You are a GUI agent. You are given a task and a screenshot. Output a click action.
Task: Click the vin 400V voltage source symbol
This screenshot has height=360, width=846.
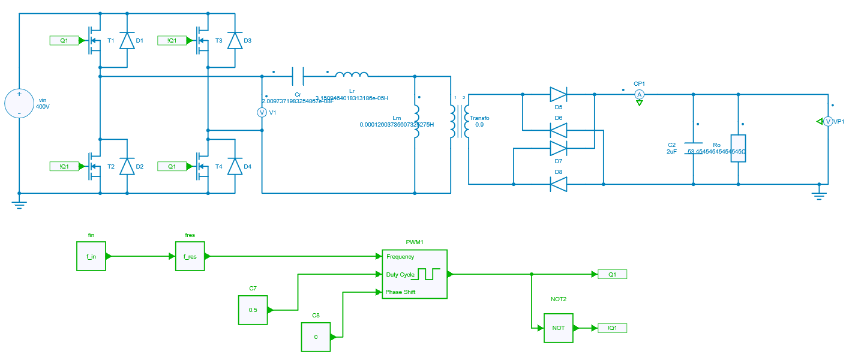[x=19, y=103]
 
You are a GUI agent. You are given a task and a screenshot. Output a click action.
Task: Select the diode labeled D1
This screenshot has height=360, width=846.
[x=127, y=41]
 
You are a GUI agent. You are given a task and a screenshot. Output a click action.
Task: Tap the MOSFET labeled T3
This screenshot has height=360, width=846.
[x=203, y=41]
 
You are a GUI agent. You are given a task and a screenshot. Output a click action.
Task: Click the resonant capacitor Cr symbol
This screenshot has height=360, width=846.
[x=298, y=76]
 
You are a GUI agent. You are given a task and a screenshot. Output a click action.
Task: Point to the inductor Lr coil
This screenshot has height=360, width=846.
[x=352, y=75]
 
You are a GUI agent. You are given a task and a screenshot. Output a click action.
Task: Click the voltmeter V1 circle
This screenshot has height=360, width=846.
[x=262, y=112]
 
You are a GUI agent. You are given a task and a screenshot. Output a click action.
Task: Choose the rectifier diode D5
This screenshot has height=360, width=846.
[x=558, y=94]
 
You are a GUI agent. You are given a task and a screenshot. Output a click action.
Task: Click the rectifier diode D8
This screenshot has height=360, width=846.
[x=558, y=184]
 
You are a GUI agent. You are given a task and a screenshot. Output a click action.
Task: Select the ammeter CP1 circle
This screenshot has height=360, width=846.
[x=639, y=94]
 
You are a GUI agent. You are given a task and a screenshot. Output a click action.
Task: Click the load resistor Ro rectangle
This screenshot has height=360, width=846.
[x=737, y=149]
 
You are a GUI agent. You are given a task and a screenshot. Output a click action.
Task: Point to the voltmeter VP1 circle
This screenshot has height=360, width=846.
[x=828, y=122]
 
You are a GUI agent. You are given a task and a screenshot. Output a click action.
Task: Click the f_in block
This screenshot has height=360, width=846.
[x=91, y=256]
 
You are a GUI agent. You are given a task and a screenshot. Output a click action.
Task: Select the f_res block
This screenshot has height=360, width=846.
[x=190, y=256]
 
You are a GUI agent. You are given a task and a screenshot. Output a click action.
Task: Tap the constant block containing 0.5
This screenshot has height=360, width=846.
[x=253, y=310]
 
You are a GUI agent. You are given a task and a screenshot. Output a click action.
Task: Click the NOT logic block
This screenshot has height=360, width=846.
[x=558, y=328]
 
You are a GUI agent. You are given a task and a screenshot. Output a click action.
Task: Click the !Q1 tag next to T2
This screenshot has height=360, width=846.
[x=64, y=166]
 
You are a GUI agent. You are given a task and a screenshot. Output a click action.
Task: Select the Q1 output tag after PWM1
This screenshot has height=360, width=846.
[x=612, y=274]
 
